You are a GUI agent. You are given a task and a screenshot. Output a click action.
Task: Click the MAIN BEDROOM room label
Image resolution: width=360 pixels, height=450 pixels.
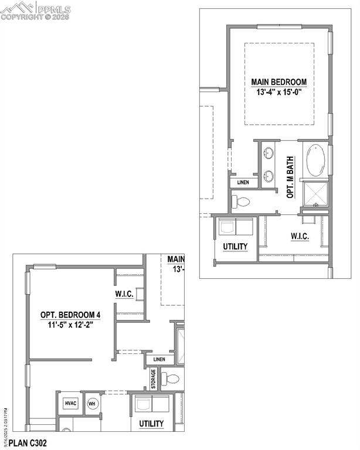(x=279, y=82)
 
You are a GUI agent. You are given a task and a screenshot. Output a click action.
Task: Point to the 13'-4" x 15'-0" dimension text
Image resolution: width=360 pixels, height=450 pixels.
(x=279, y=92)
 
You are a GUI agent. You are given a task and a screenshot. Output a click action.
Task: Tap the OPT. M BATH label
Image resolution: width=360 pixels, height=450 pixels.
(x=290, y=176)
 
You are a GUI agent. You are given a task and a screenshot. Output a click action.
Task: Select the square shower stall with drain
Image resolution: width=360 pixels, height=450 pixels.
(x=315, y=195)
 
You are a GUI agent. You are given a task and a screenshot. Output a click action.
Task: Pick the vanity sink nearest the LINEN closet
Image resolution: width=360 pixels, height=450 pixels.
(x=268, y=175)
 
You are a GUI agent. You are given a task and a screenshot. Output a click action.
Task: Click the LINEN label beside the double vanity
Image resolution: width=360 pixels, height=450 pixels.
(x=243, y=183)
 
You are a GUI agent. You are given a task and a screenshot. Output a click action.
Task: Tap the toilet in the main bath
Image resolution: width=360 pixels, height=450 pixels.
(x=241, y=202)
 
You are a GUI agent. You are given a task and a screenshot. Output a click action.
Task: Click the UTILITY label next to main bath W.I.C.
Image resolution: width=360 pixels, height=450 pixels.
(x=235, y=247)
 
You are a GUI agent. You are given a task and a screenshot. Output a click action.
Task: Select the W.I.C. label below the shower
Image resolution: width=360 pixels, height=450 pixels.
(x=299, y=237)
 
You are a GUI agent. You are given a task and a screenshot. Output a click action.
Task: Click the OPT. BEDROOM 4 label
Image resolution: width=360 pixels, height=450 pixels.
(x=70, y=315)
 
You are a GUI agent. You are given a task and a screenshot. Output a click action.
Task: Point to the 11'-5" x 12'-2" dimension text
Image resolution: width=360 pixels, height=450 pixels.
(x=70, y=325)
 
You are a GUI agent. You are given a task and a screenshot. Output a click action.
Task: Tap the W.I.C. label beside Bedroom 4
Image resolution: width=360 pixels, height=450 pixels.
(x=124, y=294)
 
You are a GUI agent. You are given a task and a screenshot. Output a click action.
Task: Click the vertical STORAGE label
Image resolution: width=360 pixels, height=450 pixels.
(x=154, y=379)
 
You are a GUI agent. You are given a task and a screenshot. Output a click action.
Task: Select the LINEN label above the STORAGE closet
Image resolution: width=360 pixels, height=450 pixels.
(x=159, y=359)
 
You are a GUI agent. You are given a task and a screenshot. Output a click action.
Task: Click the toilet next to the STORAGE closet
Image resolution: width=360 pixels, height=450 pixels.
(x=171, y=379)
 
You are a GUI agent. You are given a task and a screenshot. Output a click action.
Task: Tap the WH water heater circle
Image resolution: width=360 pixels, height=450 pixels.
(x=92, y=404)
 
